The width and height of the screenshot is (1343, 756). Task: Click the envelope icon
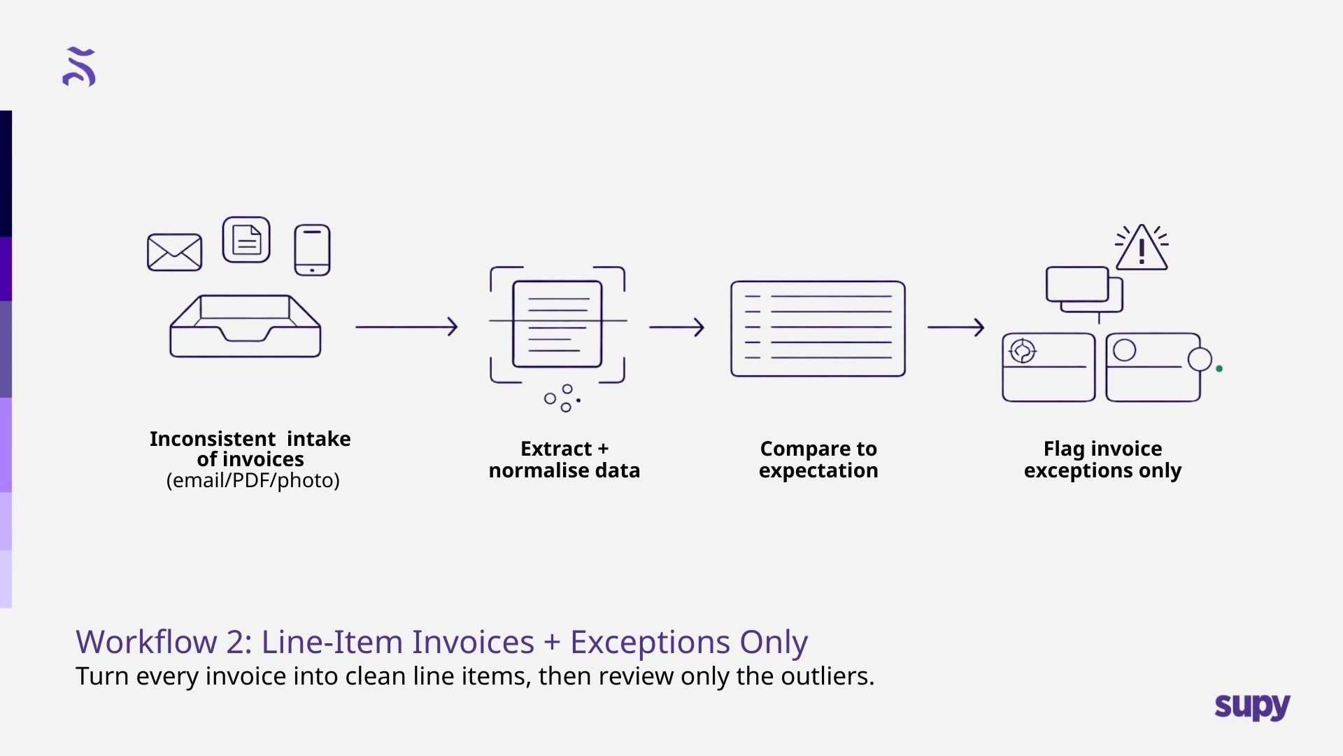tap(174, 252)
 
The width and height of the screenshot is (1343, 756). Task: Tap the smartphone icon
tap(312, 250)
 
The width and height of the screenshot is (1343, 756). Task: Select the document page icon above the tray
tap(246, 240)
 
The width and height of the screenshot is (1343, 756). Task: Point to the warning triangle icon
tap(1142, 248)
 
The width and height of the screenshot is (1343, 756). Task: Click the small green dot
tap(1219, 369)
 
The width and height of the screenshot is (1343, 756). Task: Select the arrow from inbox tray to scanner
tap(406, 327)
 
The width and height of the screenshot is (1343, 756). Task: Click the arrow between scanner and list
tap(676, 327)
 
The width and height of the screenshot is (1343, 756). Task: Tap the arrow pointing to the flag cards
tap(955, 327)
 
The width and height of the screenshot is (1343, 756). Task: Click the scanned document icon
tap(557, 324)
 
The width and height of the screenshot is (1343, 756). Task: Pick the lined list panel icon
tap(818, 328)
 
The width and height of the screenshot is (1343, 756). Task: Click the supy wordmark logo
tap(1252, 707)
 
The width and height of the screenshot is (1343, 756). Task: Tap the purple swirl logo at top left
tap(79, 67)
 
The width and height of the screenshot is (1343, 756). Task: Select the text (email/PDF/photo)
tap(253, 480)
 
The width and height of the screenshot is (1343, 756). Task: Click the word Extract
tap(556, 449)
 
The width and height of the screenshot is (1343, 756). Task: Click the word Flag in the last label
tap(1063, 449)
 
